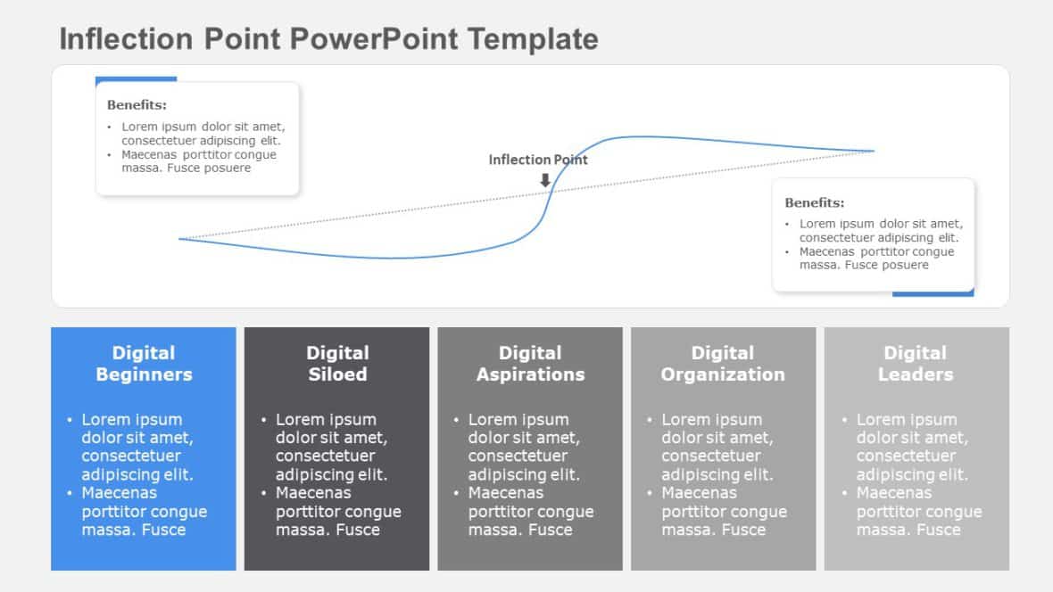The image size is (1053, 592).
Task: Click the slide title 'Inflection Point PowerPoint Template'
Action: [x=328, y=39]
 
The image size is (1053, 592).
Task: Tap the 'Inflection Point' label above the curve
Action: [x=538, y=160]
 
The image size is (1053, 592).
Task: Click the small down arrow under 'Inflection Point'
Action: [x=545, y=180]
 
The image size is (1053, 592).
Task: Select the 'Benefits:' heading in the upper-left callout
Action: [x=137, y=105]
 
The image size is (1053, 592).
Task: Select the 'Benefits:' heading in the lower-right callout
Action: [x=814, y=203]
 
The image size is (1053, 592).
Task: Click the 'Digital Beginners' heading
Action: [x=144, y=364]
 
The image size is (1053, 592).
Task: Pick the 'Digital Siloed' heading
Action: [x=337, y=364]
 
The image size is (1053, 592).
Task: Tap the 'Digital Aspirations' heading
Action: [x=530, y=364]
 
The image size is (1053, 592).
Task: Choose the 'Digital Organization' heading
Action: [x=723, y=364]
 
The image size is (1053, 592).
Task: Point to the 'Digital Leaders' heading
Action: [x=916, y=364]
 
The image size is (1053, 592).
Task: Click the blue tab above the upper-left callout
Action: [x=136, y=79]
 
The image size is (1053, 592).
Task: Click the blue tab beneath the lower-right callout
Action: [x=933, y=292]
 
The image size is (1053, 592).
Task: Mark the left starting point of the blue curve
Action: [x=180, y=238]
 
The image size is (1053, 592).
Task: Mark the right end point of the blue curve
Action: [x=874, y=151]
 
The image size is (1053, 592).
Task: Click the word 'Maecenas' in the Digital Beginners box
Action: [x=119, y=493]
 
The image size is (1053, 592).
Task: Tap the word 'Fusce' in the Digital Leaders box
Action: [x=938, y=530]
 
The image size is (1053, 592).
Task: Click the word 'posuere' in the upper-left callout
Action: [x=229, y=168]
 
